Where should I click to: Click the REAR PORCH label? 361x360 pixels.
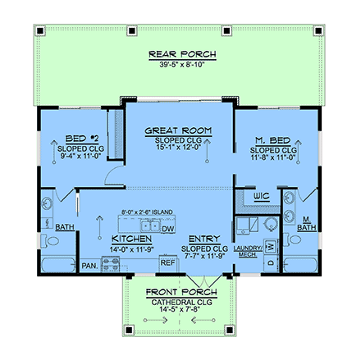(182, 55)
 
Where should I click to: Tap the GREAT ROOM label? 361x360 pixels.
(179, 130)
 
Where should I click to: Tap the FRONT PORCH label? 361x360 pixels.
(180, 292)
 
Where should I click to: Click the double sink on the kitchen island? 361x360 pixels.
(150, 226)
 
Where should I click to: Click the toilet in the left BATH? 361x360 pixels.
(53, 244)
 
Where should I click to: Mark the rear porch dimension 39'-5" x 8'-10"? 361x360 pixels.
(182, 66)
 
